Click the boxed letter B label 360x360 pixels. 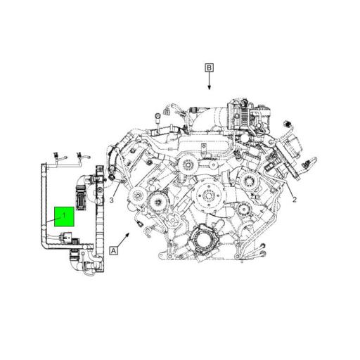coord(209,67)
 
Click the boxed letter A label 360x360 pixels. coord(113,250)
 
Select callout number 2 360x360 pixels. coord(295,199)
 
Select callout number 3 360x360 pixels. coord(111,201)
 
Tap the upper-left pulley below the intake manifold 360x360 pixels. coord(187,167)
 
